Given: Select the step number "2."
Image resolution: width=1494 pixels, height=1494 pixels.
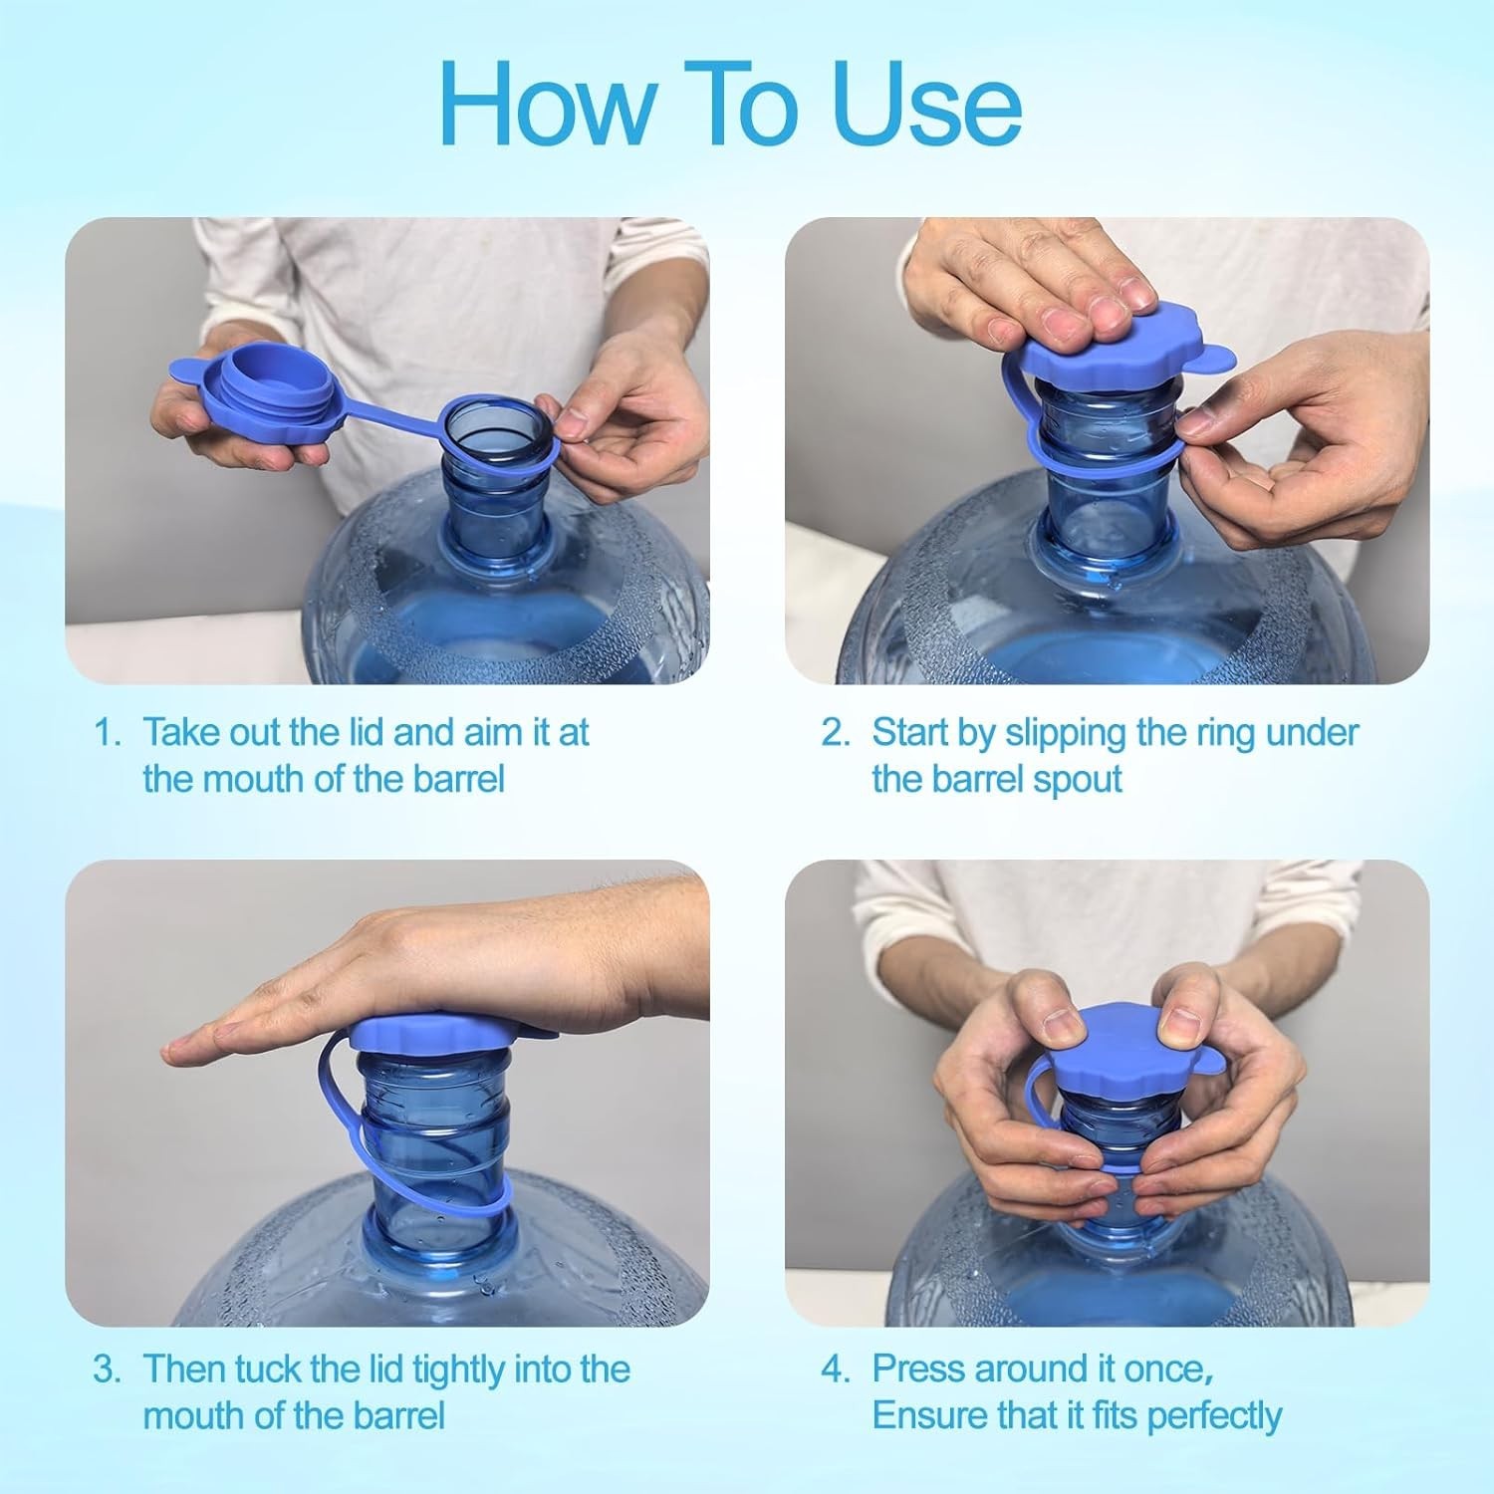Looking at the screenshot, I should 836,733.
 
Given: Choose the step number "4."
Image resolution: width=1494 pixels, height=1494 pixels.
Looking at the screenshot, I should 836,1369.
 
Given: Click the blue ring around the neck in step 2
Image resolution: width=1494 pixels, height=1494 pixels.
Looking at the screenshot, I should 1096,453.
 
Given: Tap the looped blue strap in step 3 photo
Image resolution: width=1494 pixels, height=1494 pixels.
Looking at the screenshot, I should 334,1096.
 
